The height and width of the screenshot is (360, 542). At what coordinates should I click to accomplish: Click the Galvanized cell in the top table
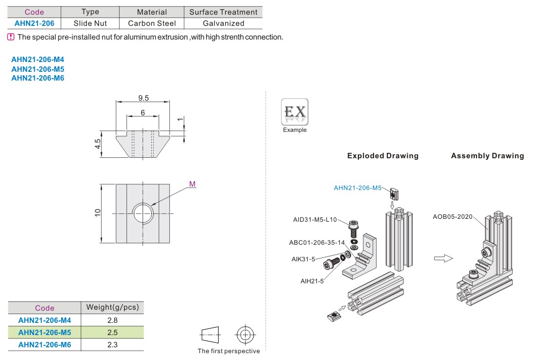[x=223, y=23]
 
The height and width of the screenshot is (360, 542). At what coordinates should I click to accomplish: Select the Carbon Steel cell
[x=151, y=23]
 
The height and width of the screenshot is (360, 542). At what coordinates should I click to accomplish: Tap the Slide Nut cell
[x=90, y=23]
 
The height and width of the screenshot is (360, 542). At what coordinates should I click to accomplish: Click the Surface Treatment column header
[x=223, y=12]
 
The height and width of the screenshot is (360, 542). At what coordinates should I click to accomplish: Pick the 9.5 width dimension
[x=144, y=98]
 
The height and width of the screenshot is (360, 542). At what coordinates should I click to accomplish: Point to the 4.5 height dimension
[x=98, y=144]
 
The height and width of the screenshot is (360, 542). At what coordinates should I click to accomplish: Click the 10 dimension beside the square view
[x=98, y=212]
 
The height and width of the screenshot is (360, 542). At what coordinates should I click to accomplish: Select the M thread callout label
[x=192, y=184]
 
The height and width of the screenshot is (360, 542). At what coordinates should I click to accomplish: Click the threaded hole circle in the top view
[x=143, y=212]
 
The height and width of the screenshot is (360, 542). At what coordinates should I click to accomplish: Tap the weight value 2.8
[x=112, y=320]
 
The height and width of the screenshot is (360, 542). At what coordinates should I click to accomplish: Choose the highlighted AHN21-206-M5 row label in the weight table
[x=44, y=333]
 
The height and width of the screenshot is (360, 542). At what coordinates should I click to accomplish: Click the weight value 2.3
[x=112, y=344]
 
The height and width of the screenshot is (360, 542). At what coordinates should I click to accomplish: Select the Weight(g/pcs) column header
[x=112, y=307]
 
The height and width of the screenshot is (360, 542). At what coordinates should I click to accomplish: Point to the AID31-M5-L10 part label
[x=315, y=219]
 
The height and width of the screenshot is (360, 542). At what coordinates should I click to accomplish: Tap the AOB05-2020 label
[x=453, y=216]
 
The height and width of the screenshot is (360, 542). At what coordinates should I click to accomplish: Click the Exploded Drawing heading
[x=383, y=156]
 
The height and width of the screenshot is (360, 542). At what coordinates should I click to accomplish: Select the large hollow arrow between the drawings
[x=443, y=258]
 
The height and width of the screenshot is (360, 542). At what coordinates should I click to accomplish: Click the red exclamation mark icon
[x=11, y=37]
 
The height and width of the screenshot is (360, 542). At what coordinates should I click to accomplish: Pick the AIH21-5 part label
[x=312, y=280]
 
